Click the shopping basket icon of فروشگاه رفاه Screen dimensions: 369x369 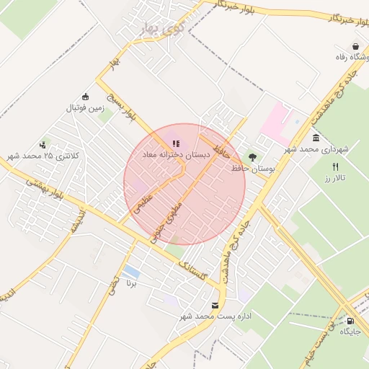355,46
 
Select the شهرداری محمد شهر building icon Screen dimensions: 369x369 316,138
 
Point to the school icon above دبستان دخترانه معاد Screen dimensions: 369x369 177,143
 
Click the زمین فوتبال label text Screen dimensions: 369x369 86,108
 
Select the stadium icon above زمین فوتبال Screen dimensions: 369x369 86,97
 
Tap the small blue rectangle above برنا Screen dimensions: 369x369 131,272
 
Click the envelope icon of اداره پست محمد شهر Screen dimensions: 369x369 215,306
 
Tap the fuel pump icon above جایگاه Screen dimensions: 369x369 350,321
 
